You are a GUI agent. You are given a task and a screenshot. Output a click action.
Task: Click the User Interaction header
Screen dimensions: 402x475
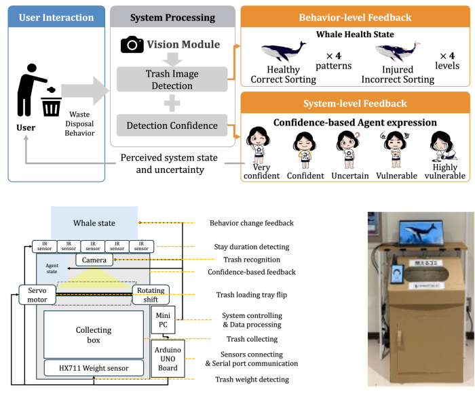(56, 18)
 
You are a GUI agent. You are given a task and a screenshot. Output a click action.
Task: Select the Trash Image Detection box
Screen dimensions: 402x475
(172, 79)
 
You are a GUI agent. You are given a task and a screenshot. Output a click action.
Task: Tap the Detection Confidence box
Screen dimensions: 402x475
(172, 125)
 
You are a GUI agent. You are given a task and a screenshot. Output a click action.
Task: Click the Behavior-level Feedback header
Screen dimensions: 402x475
(355, 18)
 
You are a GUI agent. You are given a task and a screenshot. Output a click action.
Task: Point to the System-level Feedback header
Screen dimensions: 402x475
(355, 103)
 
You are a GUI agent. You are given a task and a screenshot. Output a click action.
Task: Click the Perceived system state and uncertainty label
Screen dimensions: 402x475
(169, 163)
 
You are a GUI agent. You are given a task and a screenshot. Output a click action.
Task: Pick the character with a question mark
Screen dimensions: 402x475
(348, 149)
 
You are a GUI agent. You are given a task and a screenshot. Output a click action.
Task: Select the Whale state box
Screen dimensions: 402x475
(94, 223)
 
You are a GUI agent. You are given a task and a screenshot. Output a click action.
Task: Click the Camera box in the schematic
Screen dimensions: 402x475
(94, 260)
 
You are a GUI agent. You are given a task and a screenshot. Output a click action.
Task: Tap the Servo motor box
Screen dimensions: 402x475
(37, 295)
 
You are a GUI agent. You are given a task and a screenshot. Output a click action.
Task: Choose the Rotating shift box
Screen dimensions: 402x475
(149, 295)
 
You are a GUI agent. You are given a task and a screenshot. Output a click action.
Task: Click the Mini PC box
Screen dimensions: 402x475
(163, 319)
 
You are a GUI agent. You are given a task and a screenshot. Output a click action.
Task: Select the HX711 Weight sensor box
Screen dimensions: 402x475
(94, 368)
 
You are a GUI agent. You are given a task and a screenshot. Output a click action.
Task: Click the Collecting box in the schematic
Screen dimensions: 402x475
(94, 335)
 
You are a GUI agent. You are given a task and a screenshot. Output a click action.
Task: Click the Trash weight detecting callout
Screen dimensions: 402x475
(251, 380)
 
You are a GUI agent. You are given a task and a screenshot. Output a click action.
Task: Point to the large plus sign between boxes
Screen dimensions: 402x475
(172, 104)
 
